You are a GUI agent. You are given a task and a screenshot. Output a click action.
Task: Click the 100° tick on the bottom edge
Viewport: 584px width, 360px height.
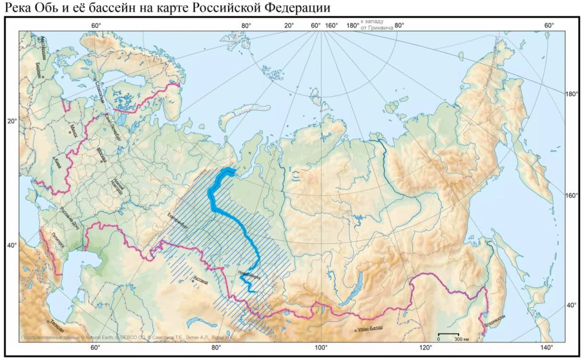pyautogui.click(x=321, y=348)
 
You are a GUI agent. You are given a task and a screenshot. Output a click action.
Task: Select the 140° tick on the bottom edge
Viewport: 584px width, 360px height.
pyautogui.click(x=546, y=348)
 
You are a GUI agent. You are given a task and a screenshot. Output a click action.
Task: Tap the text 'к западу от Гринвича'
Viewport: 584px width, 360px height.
pyautogui.click(x=375, y=25)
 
